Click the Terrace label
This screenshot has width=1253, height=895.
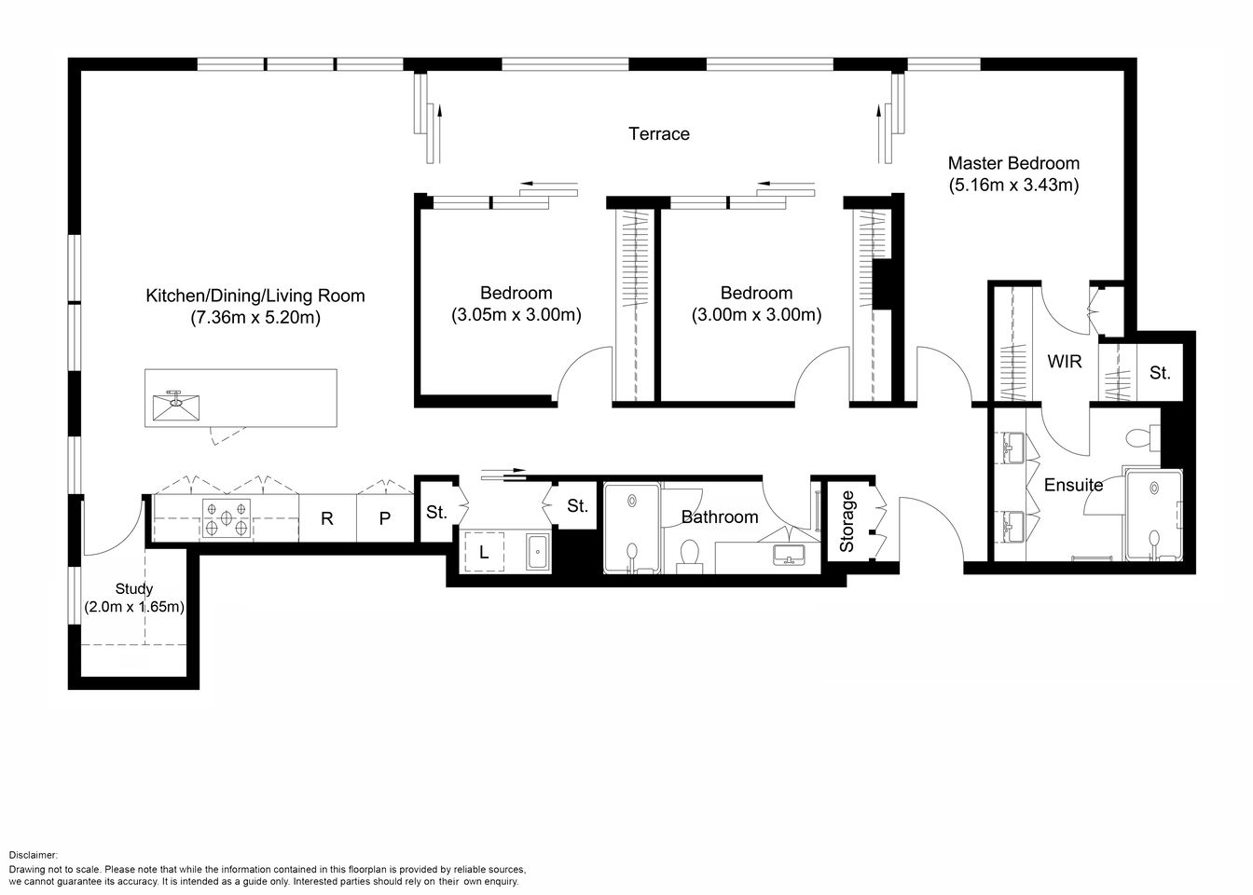659,134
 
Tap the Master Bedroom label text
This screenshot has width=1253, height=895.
1013,163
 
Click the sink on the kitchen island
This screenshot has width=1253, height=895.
177,403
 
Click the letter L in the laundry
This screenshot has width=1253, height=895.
484,552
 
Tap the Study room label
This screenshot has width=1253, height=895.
134,589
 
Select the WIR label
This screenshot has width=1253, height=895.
1065,361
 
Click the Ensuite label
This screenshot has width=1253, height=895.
1073,485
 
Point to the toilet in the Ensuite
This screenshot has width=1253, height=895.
1140,437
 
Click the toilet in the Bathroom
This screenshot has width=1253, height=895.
691,552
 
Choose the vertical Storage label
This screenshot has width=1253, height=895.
847,522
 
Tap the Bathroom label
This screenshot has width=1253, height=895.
719,516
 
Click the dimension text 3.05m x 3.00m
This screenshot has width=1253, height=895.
516,315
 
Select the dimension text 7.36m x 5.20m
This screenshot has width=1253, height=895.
255,318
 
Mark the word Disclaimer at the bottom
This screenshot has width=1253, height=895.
34,855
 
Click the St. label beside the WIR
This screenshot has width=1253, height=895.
1160,373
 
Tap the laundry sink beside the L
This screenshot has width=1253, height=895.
539,552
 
